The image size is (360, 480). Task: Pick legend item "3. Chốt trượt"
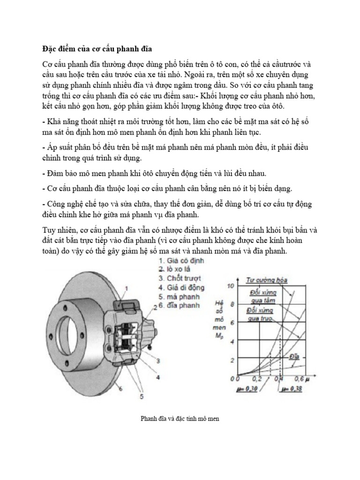point(179,278)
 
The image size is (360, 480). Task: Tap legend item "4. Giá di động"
point(181,287)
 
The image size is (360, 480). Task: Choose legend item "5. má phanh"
point(179,296)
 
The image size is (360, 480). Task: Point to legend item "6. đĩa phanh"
point(179,305)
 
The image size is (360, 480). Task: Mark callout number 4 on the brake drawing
point(157,376)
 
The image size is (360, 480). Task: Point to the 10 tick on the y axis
point(229,286)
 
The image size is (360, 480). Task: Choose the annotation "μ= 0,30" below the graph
point(249,389)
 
